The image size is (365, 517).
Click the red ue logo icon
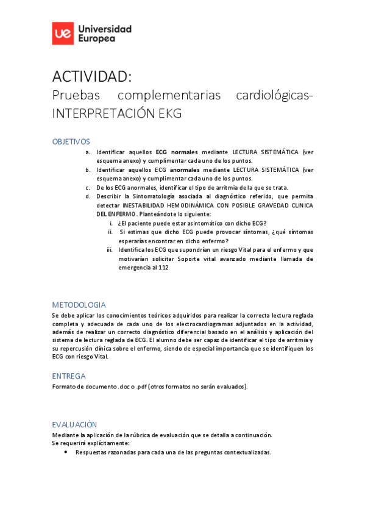[x=63, y=34]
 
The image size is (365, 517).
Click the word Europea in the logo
[x=96, y=38]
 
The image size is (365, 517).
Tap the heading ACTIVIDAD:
[x=91, y=76]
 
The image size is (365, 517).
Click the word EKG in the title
[x=170, y=114]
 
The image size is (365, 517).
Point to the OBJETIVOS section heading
[x=71, y=141]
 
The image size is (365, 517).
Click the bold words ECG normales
[x=177, y=152]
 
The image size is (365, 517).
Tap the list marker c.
[x=88, y=188]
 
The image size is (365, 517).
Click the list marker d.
[x=88, y=196]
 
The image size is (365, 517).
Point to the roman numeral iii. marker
[x=110, y=249]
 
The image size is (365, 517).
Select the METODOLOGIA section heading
[x=79, y=305]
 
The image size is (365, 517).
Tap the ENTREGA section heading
[x=69, y=376]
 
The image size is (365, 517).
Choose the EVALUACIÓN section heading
[x=74, y=424]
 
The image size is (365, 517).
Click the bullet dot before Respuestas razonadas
[x=65, y=452]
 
